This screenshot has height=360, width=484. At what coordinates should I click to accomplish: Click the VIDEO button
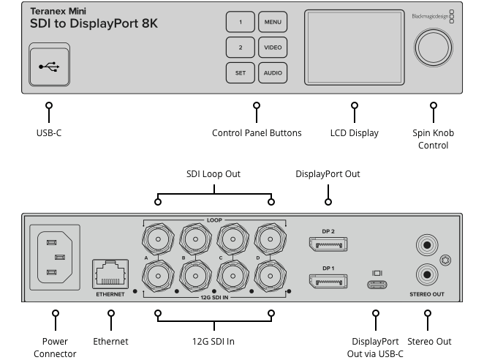pyautogui.click(x=272, y=48)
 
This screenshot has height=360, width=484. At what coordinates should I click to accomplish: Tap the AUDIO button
pyautogui.click(x=272, y=73)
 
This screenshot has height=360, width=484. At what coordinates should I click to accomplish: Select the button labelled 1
pyautogui.click(x=240, y=22)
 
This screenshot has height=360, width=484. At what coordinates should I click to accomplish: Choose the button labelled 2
pyautogui.click(x=240, y=48)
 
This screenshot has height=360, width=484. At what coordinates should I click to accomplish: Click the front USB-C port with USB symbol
pyautogui.click(x=50, y=65)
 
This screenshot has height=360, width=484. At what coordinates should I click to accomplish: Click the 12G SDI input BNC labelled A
pyautogui.click(x=158, y=276)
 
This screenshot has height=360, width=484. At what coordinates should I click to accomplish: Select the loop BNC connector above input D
pyautogui.click(x=271, y=238)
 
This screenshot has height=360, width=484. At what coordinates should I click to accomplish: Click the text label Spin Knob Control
pyautogui.click(x=433, y=139)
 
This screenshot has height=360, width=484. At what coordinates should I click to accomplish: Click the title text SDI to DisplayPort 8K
pyautogui.click(x=94, y=23)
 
